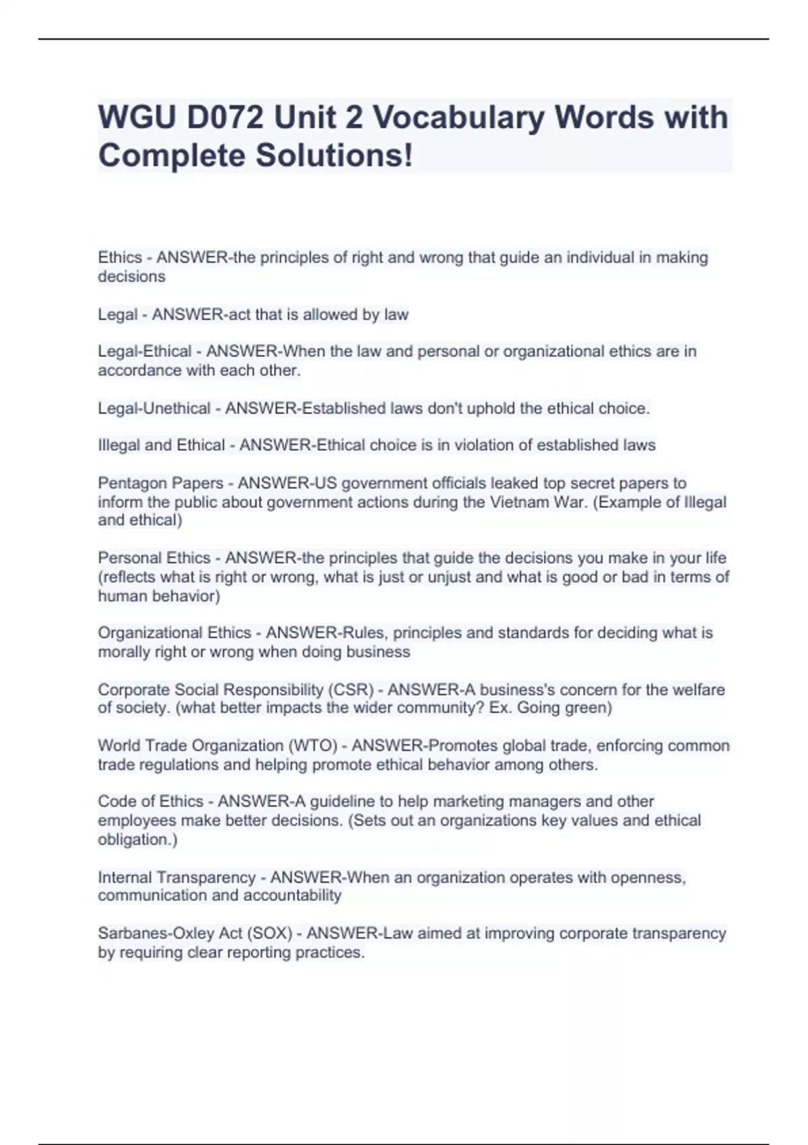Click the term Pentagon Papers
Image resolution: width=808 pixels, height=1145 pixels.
pos(160,483)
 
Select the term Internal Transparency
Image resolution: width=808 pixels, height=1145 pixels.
pos(176,878)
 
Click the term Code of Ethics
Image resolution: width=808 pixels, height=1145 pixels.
pos(150,802)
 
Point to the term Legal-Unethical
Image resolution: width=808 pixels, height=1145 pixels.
pos(154,408)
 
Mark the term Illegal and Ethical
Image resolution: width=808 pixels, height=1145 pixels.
pos(162,445)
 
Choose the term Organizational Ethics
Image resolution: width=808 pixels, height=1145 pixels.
pos(174,633)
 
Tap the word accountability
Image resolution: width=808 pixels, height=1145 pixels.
pos(292,896)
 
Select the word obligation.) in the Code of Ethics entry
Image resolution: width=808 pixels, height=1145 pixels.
pos(137,840)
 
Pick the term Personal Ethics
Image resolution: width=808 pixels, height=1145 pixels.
pos(154,558)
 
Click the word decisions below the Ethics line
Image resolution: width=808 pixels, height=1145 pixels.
pos(131,277)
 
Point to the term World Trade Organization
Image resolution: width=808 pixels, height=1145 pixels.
pos(191,746)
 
